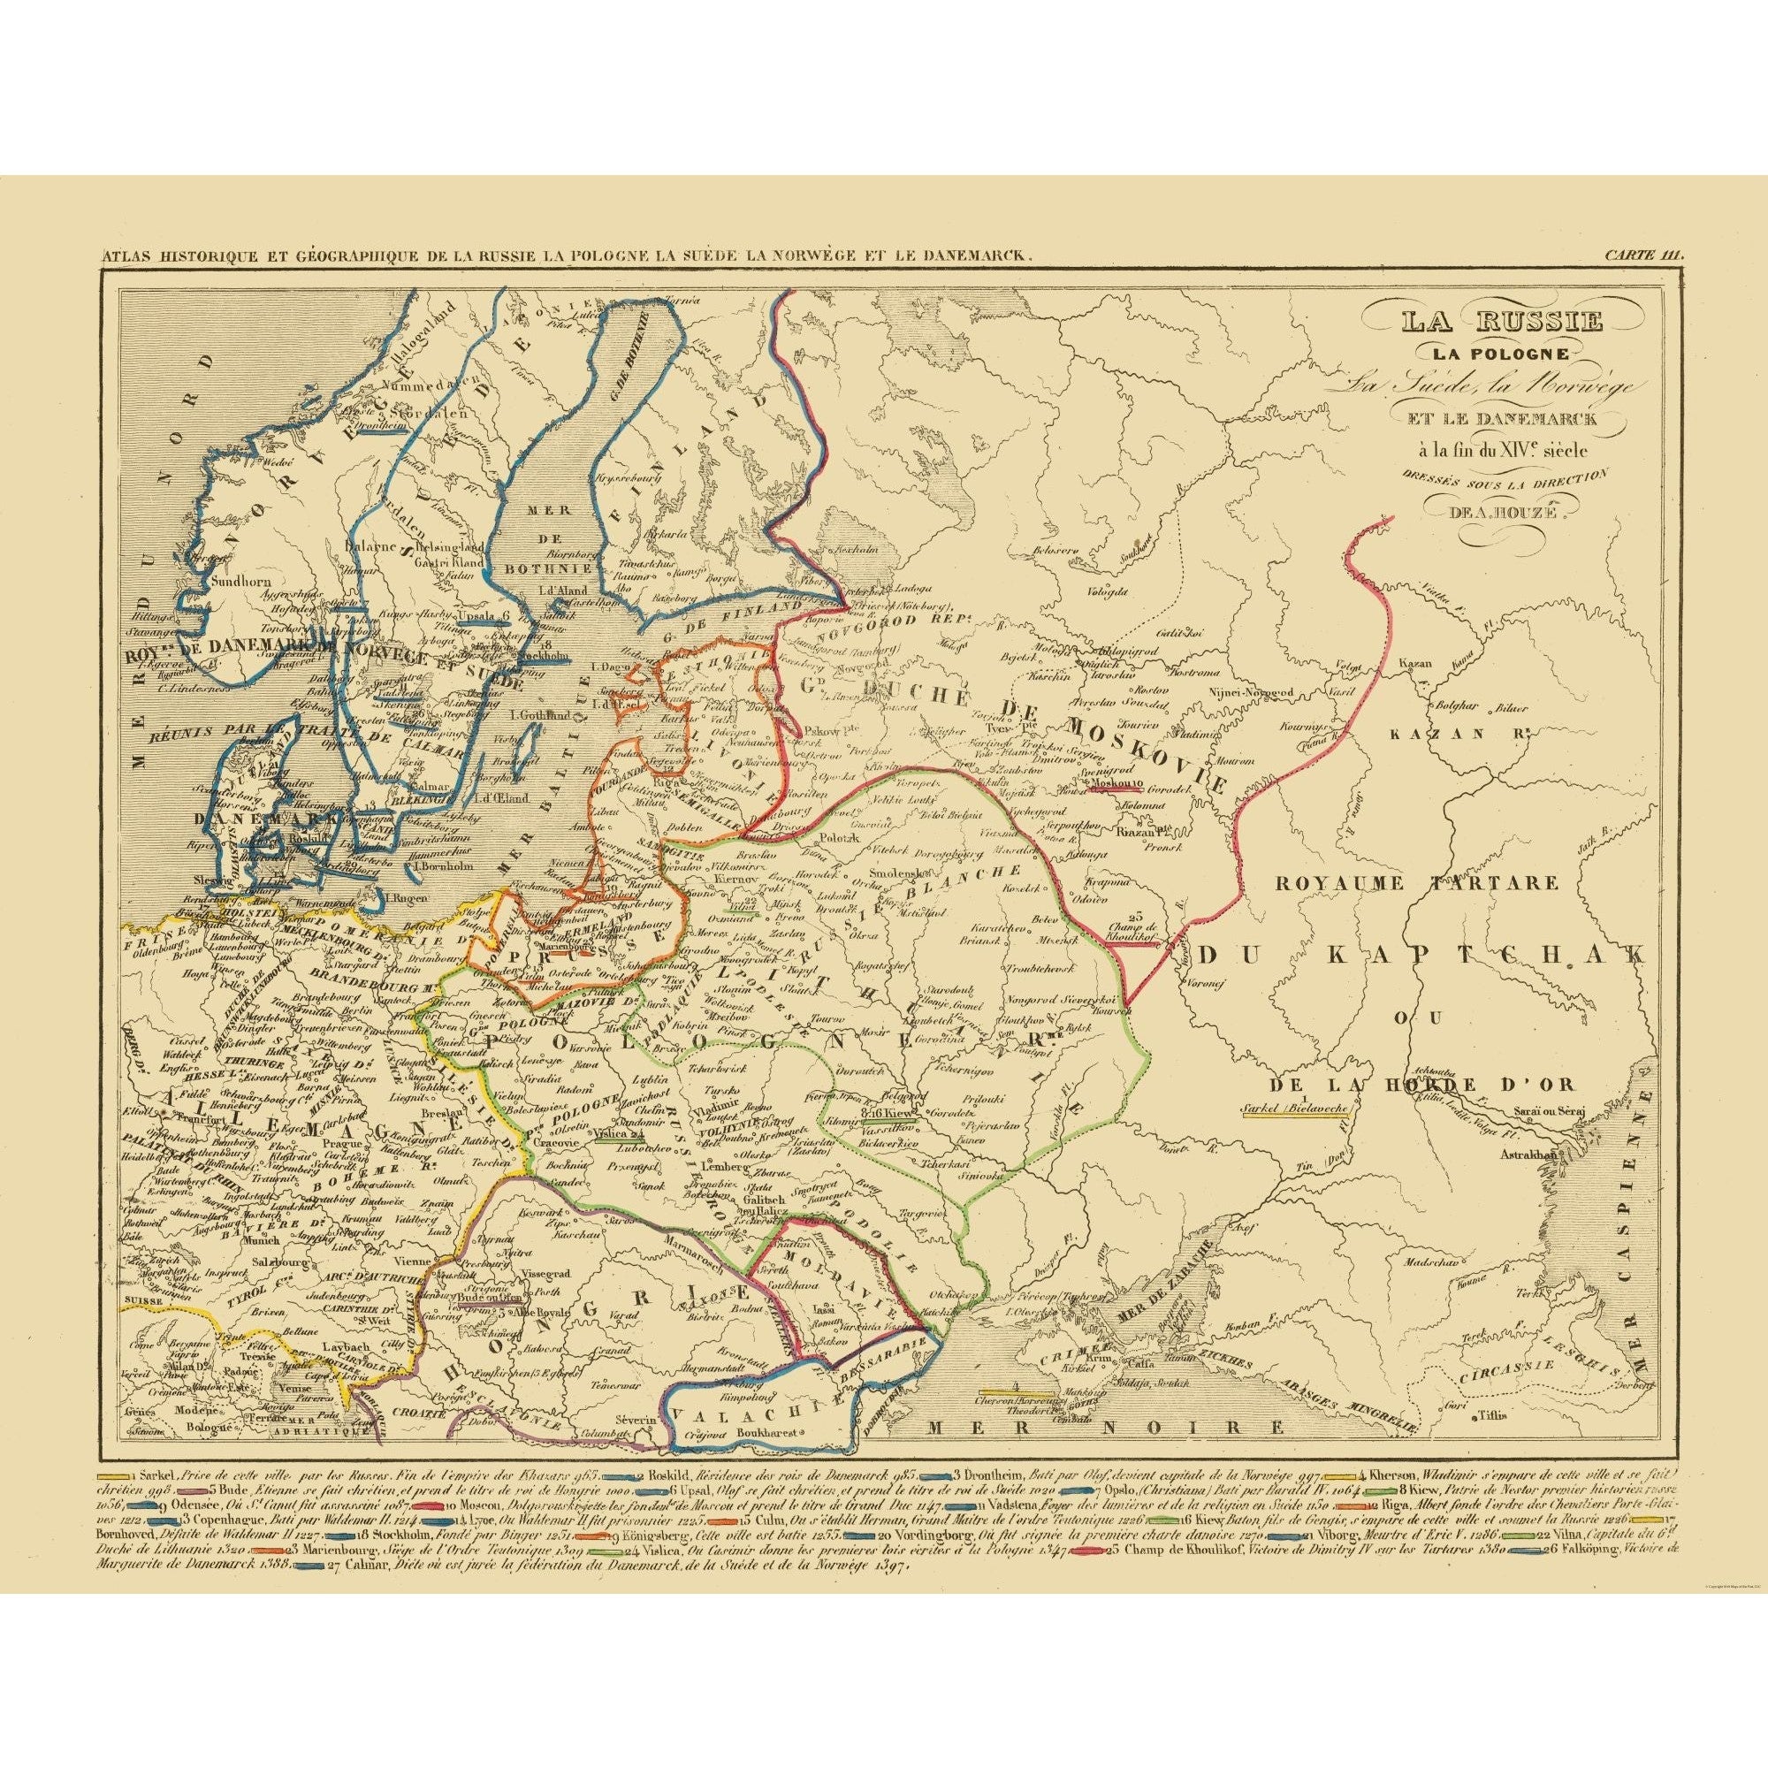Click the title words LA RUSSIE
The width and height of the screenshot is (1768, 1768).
point(1502,322)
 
